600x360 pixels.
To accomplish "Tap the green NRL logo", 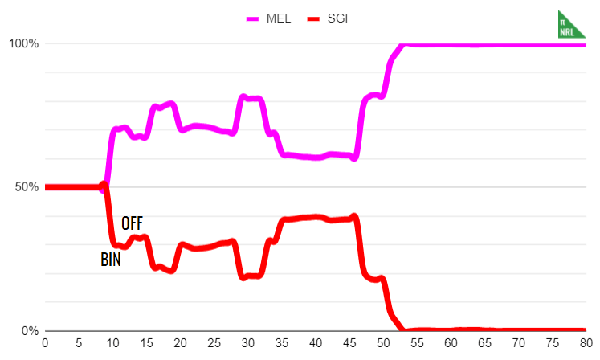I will pos(570,24).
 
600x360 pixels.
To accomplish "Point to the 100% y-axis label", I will pos(23,43).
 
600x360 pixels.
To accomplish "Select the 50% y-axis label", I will pos(26,187).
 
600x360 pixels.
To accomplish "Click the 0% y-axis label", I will pos(29,331).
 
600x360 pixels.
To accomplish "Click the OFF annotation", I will pos(132,223).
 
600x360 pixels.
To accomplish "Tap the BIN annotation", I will pos(111,260).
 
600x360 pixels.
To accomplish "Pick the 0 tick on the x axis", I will pos(45,343).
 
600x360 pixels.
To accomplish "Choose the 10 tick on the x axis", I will pos(112,343).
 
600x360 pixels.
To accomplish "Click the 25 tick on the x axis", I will pos(214,343).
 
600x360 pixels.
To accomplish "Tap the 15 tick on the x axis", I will pos(146,343).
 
